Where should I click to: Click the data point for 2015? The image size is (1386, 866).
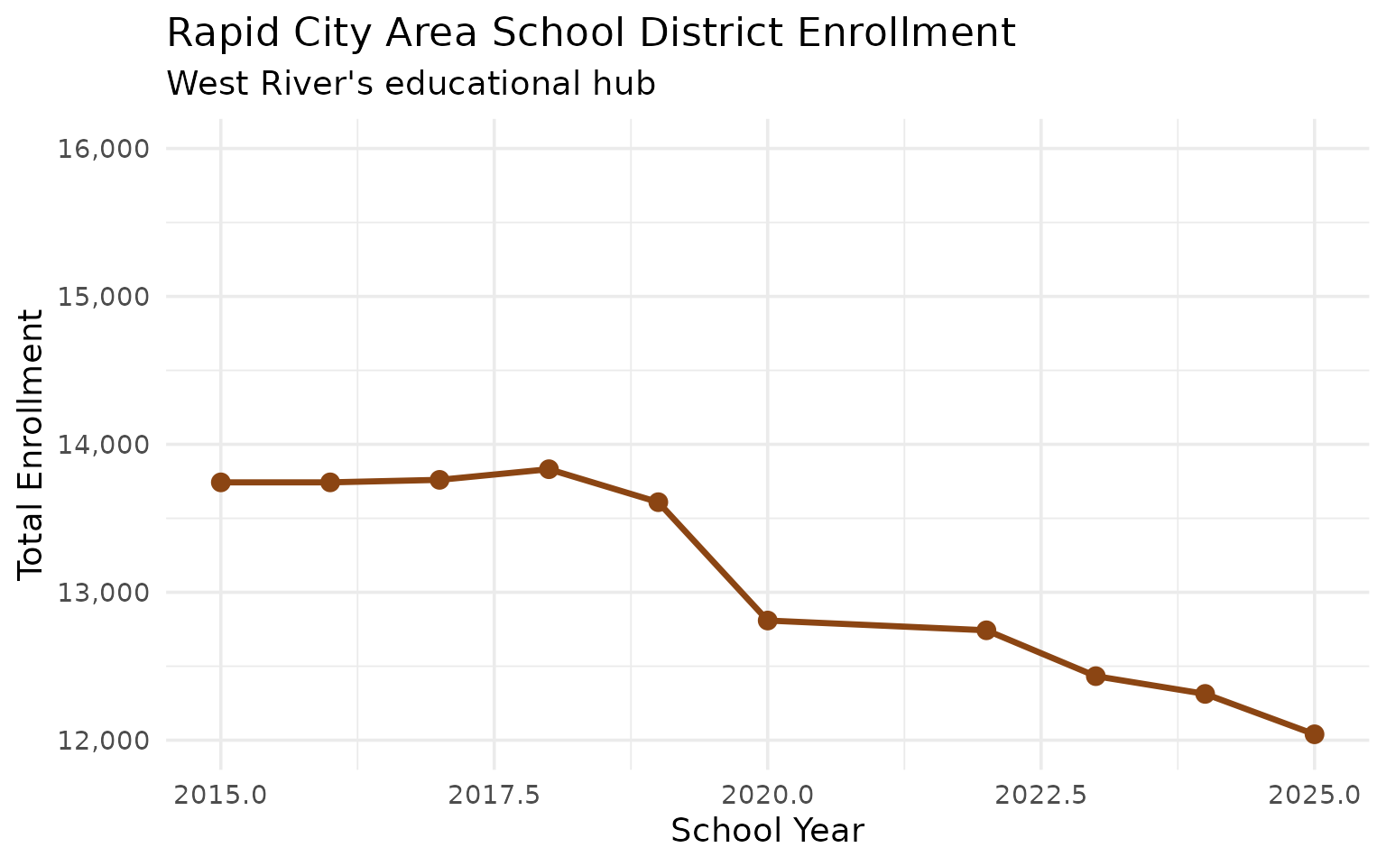tap(220, 483)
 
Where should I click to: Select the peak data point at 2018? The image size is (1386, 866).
tap(549, 469)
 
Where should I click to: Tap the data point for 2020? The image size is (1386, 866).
tap(768, 621)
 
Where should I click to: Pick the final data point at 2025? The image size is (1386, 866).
tap(1315, 734)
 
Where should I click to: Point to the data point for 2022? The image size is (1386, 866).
tap(986, 630)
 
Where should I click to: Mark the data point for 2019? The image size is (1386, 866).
tap(658, 502)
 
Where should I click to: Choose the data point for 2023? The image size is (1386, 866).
tap(1095, 676)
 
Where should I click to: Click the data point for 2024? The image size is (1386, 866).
tap(1205, 694)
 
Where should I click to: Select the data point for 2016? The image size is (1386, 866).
tap(330, 483)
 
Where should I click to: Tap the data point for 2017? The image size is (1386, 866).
tap(439, 480)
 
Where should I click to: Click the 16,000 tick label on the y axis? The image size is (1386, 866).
tap(102, 149)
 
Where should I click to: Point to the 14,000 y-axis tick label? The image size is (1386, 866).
tap(102, 445)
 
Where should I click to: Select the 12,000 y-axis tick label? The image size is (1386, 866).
tap(102, 741)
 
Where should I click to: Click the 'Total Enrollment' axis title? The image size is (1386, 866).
tap(32, 444)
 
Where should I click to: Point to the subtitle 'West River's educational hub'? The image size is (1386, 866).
tap(411, 84)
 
